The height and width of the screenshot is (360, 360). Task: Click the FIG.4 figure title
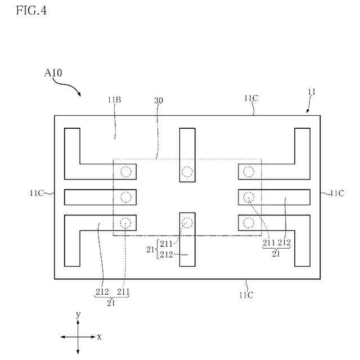31,10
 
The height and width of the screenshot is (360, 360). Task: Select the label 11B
115,100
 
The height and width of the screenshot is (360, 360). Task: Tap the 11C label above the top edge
251,98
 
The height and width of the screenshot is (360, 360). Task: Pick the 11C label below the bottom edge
245,294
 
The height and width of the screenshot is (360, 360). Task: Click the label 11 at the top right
312,92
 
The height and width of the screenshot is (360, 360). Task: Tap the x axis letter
100,336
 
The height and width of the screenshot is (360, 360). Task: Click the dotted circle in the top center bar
187,171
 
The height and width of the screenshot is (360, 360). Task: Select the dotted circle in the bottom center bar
187,223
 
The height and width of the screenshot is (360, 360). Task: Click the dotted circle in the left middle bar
126,197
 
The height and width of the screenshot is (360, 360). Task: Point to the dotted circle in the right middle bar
249,197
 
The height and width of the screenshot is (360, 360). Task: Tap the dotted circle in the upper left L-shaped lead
126,171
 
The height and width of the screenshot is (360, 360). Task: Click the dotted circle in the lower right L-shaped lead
249,223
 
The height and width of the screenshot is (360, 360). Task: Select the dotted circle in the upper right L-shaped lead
249,171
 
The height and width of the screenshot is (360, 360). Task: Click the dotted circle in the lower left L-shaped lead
126,223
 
